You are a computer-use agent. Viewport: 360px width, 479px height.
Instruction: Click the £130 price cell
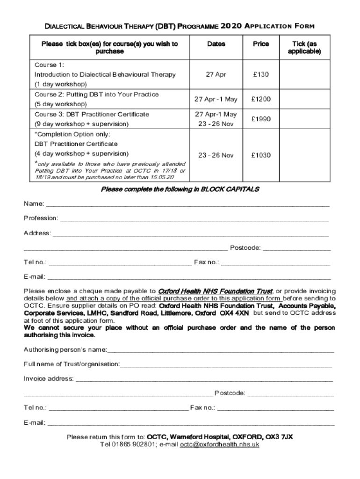(261, 74)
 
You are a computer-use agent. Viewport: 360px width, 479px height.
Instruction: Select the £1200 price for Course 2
(261, 99)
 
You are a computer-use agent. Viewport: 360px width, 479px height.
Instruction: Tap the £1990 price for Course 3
(261, 119)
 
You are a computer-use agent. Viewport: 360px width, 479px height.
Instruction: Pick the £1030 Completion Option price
(261, 155)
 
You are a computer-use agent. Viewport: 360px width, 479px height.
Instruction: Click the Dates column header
(216, 44)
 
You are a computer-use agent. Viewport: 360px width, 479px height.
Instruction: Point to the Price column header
(261, 44)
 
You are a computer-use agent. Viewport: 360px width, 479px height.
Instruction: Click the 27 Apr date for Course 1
(216, 74)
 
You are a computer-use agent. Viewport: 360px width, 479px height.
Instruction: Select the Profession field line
(194, 218)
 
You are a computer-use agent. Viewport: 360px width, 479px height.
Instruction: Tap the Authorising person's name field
(220, 350)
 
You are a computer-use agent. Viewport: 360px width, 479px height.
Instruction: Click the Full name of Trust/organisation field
(226, 364)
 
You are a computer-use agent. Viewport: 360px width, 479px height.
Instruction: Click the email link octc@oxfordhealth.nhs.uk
(220, 445)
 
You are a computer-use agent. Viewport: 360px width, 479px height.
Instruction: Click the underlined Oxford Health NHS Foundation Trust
(216, 290)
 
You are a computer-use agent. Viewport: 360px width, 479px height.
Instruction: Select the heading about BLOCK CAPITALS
(180, 189)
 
